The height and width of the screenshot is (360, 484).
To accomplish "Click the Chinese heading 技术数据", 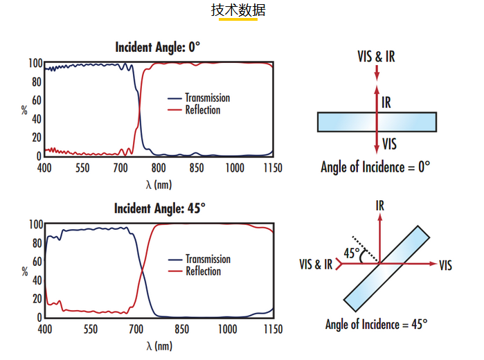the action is tap(238, 10).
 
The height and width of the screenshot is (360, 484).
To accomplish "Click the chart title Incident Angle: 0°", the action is tap(157, 47).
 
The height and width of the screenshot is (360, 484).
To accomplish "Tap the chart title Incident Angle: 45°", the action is tap(159, 208).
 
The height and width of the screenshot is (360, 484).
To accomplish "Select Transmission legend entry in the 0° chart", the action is tap(199, 98).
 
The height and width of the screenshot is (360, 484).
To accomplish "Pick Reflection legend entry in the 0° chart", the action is tap(194, 110).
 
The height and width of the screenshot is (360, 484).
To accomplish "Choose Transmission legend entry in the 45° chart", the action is tap(199, 259).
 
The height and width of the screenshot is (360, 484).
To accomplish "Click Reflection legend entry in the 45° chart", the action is tap(195, 271).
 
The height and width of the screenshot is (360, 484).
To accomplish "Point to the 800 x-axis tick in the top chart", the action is tap(159, 168).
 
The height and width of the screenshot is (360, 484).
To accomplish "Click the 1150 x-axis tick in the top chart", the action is tap(273, 168).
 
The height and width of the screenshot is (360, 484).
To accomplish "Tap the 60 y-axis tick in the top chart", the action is tap(37, 100).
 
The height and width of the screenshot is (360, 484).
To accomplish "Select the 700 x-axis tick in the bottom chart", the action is tap(136, 329).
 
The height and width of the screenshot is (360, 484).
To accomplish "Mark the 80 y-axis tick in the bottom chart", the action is tap(37, 243).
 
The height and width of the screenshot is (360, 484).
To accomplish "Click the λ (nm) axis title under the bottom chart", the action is tap(159, 345).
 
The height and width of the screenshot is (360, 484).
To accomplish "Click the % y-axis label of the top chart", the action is tap(24, 110).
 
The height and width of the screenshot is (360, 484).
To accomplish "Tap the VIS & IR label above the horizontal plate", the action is tap(376, 57).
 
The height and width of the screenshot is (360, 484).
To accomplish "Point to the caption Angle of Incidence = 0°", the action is tap(375, 167).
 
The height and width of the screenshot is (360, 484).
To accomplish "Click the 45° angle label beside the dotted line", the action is tap(352, 253).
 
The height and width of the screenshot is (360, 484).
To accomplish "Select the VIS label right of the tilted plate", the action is tap(445, 265).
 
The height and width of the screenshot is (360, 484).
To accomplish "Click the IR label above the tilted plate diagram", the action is tap(380, 206).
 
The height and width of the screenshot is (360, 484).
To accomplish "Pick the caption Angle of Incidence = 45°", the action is tap(377, 325).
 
